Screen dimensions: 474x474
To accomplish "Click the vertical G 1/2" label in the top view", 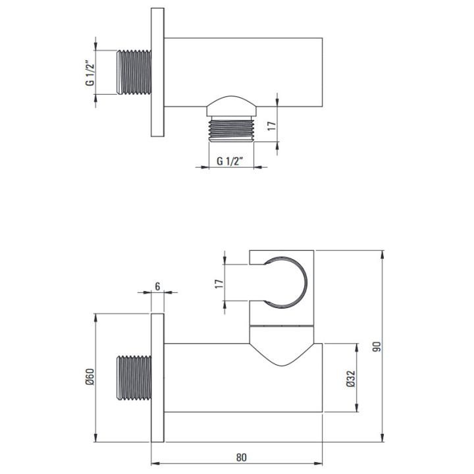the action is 90,74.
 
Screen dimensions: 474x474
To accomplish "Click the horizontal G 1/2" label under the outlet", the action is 230,161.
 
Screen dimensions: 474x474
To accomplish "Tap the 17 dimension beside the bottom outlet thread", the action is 272,126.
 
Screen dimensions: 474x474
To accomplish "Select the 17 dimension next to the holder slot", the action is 219,284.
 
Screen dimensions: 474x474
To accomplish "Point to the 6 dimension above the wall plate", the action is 157,286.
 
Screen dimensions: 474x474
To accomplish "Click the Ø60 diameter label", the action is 90,377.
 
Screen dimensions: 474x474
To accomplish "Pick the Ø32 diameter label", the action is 350,379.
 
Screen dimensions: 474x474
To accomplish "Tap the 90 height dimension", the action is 377,346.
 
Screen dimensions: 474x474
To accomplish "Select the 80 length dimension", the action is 241,458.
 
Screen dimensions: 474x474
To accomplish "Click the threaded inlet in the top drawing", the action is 134,72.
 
